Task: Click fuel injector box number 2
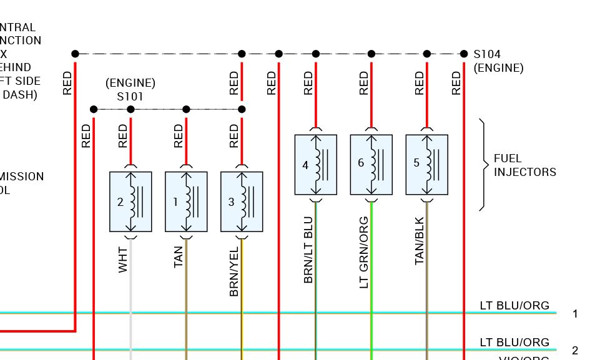tap(130, 202)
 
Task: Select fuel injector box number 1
tap(186, 202)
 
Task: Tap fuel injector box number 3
tap(242, 202)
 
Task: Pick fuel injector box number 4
tap(316, 165)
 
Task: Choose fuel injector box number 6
tap(371, 165)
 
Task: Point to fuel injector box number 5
tap(427, 165)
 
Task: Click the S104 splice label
tap(487, 54)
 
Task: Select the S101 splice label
tap(130, 97)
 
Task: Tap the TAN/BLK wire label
tap(420, 240)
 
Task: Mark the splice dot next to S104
tap(464, 54)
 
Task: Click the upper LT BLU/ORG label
tap(514, 306)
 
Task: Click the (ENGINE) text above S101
tap(130, 83)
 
